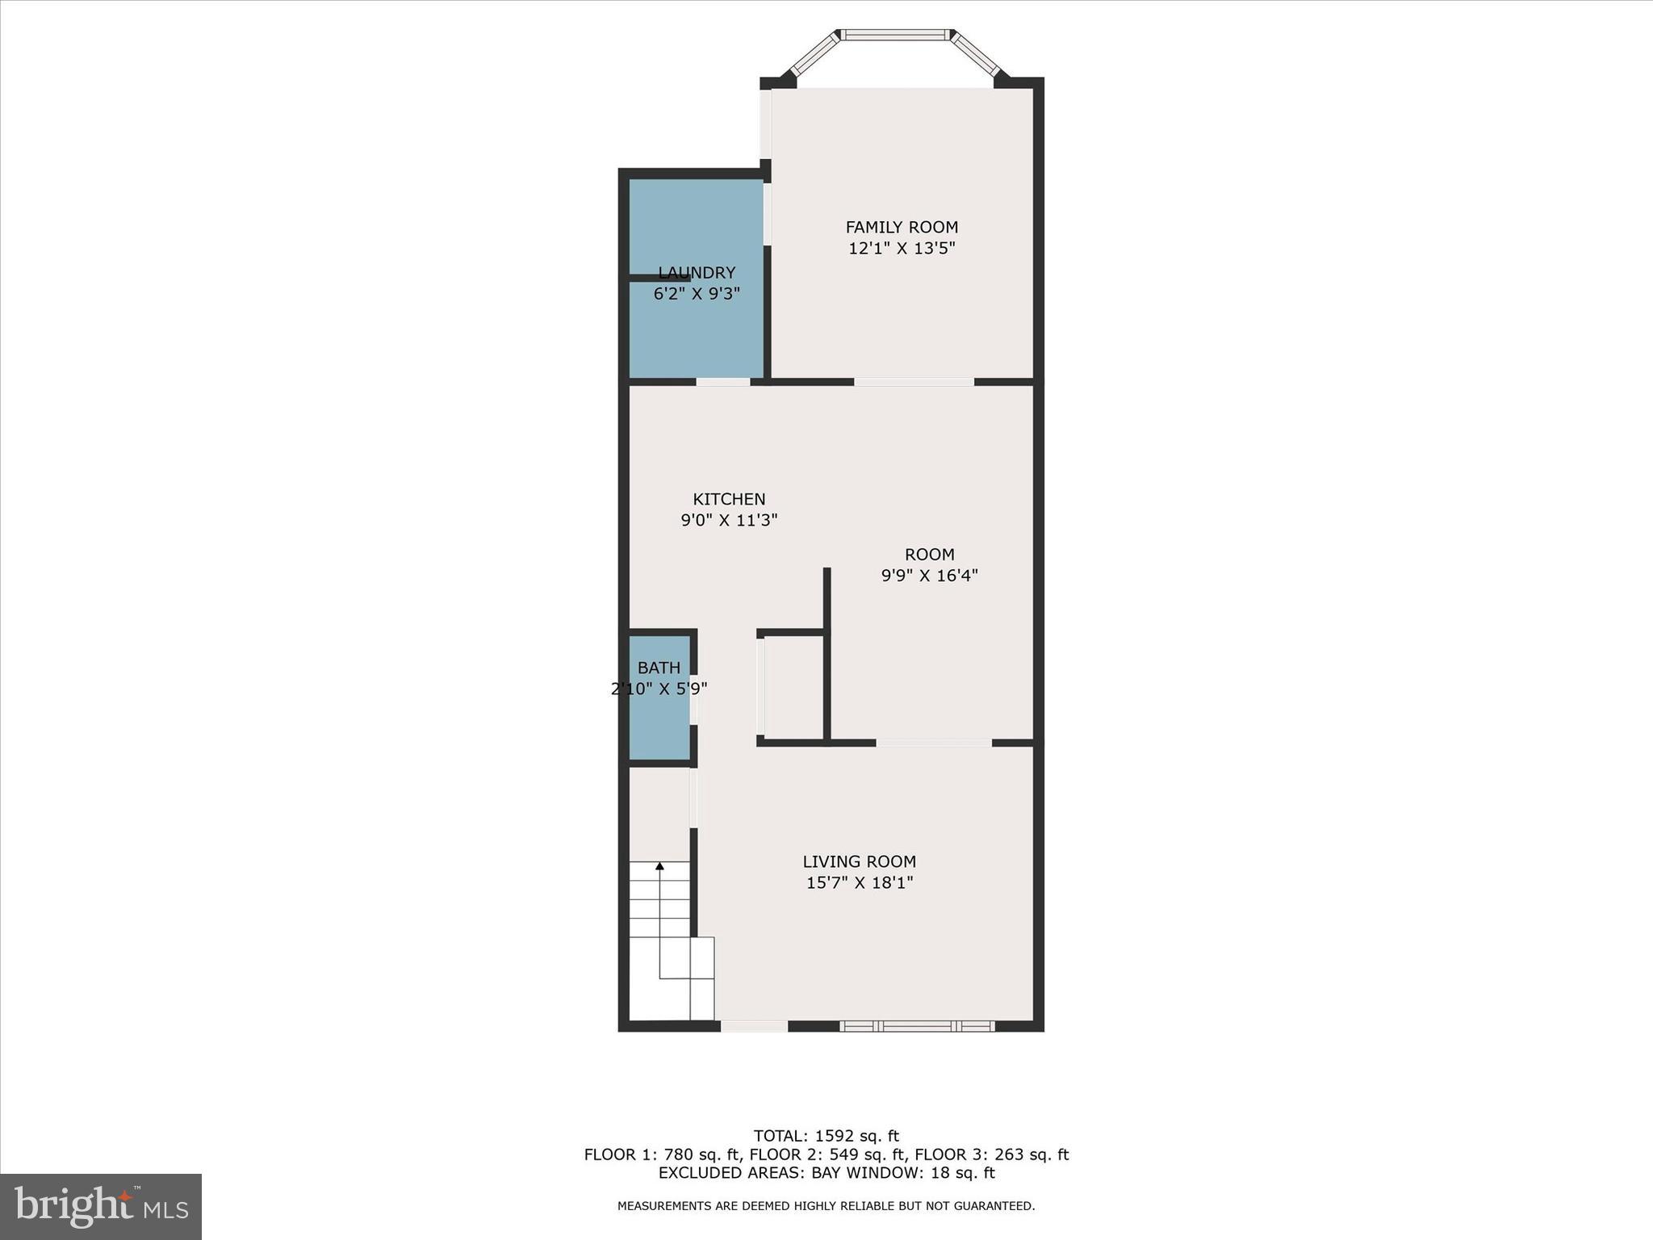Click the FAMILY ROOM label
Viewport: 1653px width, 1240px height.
902,228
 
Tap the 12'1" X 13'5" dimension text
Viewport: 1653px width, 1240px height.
902,249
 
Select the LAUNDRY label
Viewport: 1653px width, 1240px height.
697,273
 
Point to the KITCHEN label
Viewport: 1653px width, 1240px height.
729,500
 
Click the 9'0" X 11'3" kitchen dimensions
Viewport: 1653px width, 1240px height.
729,521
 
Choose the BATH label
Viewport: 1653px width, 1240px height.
659,668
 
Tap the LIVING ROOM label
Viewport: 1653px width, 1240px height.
859,861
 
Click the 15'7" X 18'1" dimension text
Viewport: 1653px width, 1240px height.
859,882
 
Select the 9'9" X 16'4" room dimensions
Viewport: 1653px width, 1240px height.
929,576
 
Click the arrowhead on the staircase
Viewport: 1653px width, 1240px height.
659,866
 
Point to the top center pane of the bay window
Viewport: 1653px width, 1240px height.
894,35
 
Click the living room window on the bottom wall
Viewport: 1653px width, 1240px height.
917,1026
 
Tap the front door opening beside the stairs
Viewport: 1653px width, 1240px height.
754,1026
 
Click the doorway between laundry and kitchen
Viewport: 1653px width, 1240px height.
723,382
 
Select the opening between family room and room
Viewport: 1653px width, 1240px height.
914,382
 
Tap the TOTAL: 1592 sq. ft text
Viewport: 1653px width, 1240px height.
826,1137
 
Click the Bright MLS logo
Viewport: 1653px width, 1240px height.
101,1207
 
